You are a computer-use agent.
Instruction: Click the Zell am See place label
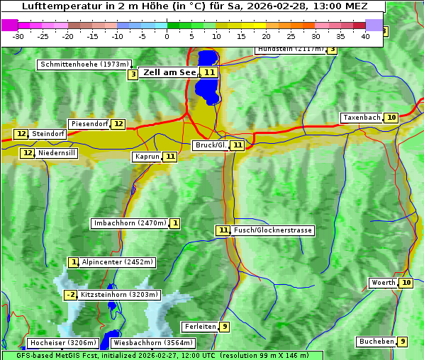point(169,72)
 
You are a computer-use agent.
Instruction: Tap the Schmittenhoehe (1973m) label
point(84,64)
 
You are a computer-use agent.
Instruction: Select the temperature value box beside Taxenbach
point(391,118)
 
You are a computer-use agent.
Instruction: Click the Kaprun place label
point(146,157)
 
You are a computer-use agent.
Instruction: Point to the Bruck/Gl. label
point(210,145)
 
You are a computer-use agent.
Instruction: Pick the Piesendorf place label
point(89,124)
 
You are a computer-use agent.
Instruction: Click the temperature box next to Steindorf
point(21,134)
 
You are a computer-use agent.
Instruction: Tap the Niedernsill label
point(57,153)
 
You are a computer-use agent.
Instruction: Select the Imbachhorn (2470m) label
point(130,224)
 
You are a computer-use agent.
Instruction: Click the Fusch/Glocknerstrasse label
point(273,230)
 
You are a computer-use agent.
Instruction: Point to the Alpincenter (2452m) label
point(117,262)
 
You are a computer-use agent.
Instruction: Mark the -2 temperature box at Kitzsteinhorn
point(70,295)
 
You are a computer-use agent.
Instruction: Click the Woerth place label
point(384,283)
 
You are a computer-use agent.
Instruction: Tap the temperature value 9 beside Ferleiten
point(224,327)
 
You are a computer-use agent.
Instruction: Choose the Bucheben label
point(376,342)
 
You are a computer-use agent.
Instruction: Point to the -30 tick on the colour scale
point(18,36)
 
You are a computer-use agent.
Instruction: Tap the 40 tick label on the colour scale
point(366,36)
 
